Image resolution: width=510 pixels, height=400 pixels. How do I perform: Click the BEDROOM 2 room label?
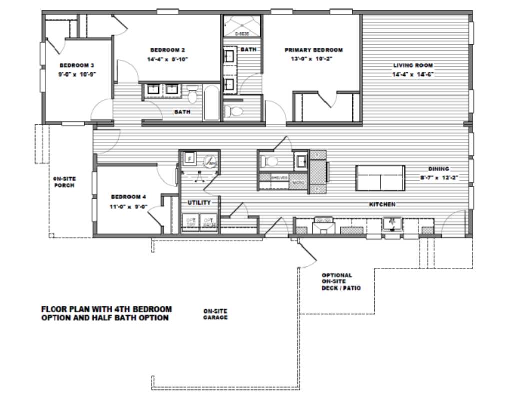[168, 50]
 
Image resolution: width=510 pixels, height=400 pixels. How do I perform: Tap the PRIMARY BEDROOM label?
[313, 50]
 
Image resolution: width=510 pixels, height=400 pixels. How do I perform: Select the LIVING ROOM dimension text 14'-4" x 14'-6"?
[412, 74]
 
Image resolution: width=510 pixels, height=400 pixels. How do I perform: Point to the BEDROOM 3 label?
[77, 65]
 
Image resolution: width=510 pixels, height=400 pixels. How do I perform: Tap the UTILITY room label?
[199, 203]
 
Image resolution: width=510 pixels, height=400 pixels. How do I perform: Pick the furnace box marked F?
[190, 159]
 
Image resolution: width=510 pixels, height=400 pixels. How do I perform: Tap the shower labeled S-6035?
[242, 26]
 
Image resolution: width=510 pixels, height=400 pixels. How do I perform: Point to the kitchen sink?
[393, 224]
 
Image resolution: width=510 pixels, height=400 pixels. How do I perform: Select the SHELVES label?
[278, 177]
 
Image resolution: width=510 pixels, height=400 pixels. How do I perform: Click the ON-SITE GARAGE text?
[215, 314]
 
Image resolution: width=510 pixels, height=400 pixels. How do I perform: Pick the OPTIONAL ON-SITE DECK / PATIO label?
[341, 282]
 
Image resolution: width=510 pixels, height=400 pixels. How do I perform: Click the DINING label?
[438, 169]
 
